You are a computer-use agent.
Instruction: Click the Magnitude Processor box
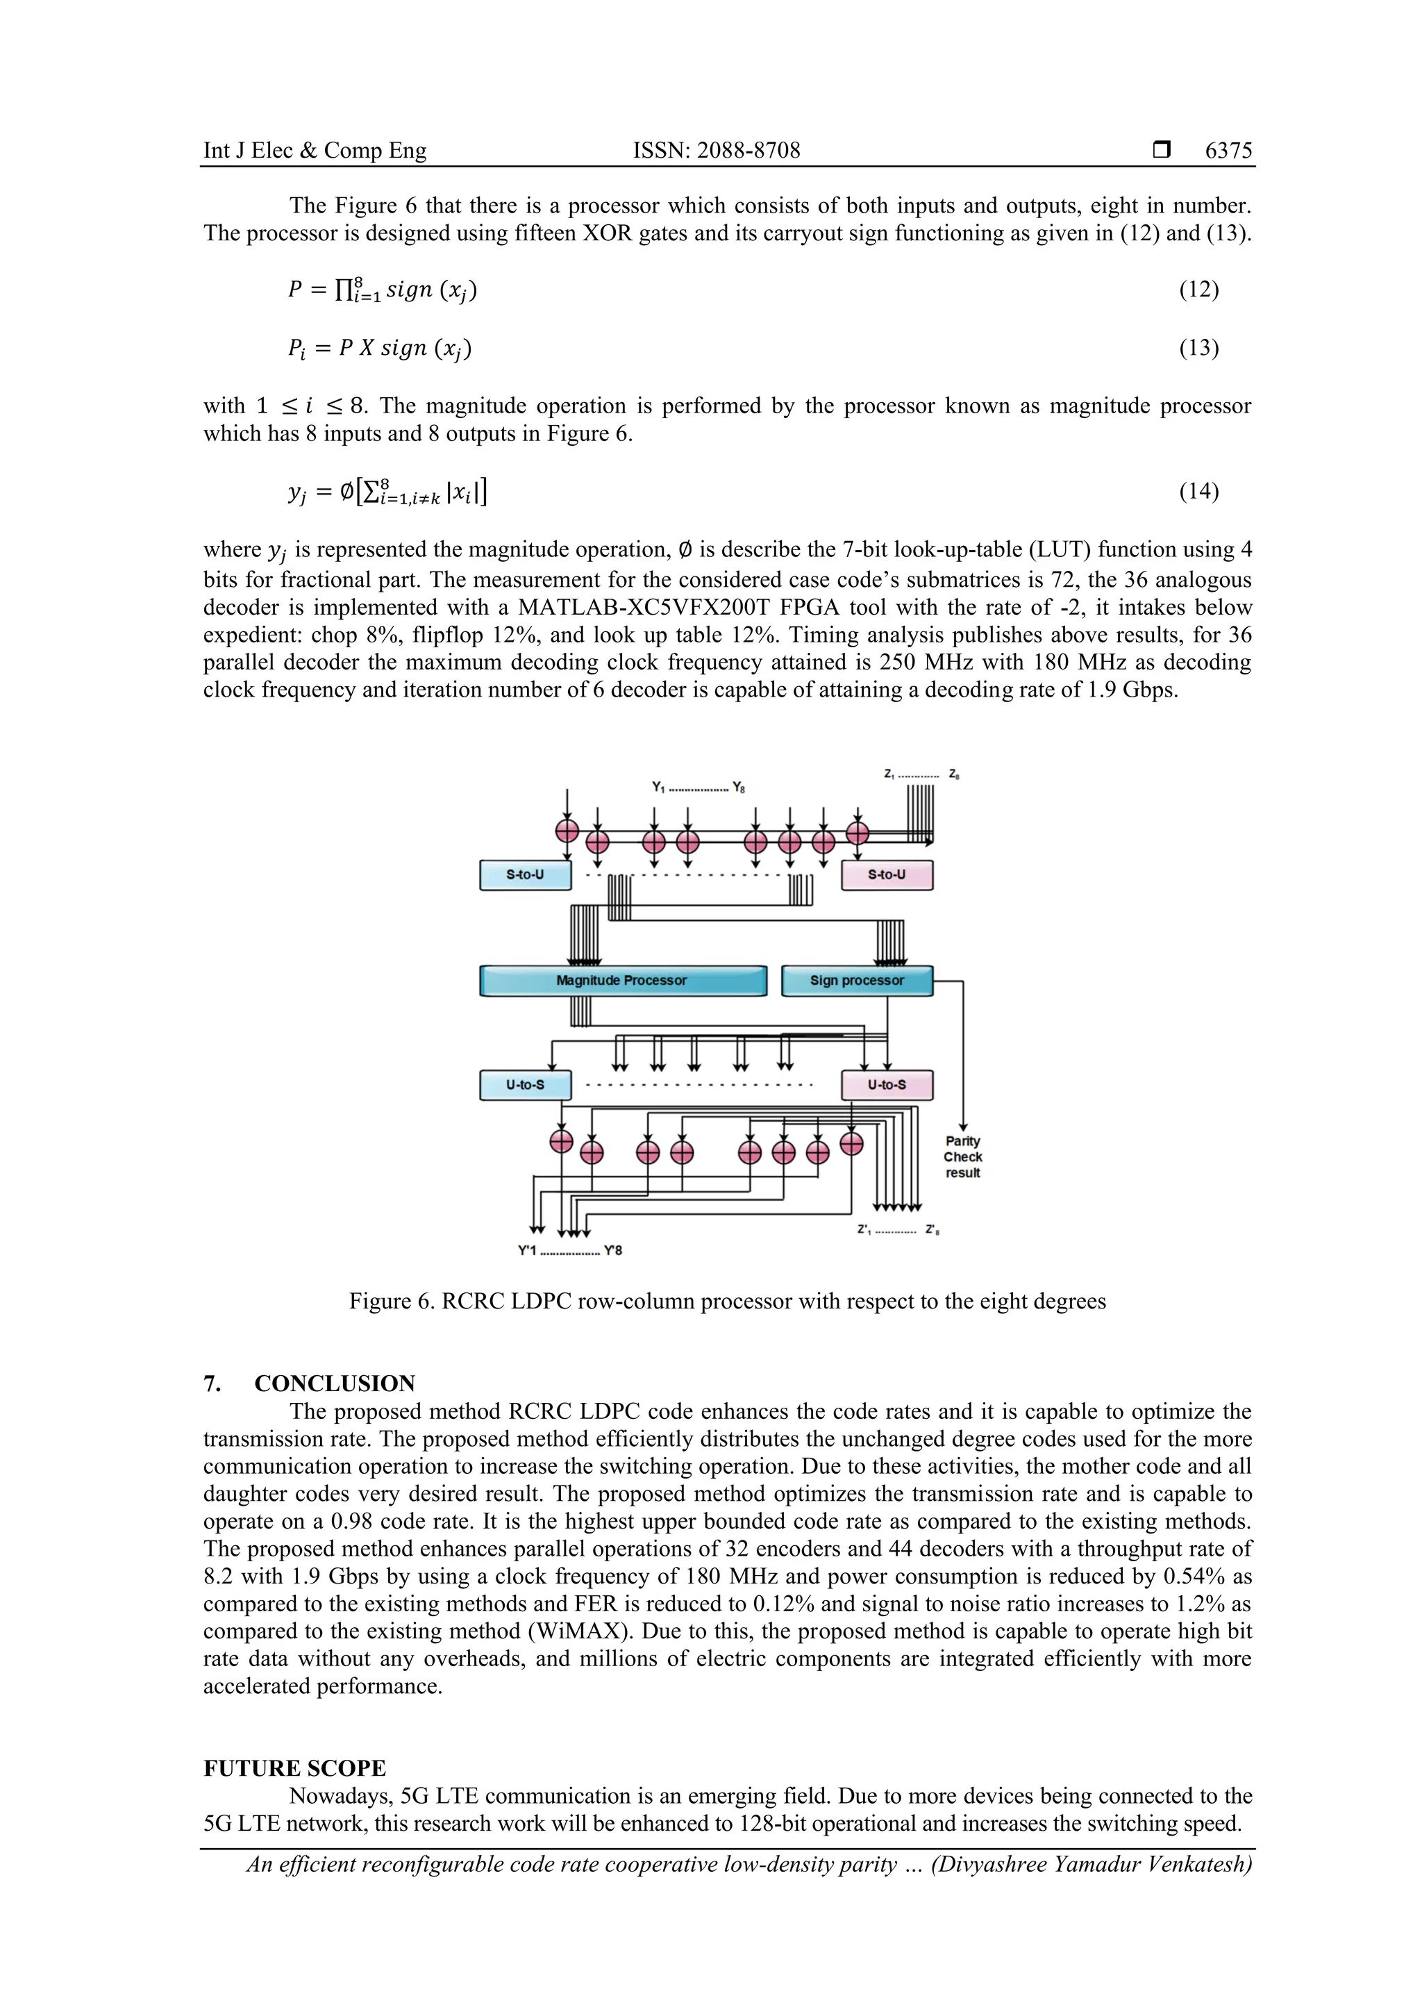(622, 981)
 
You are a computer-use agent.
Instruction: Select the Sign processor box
(856, 981)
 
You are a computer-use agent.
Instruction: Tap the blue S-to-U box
(525, 874)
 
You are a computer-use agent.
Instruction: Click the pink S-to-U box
(886, 874)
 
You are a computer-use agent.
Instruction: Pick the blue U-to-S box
(525, 1085)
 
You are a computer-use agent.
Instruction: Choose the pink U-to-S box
(886, 1085)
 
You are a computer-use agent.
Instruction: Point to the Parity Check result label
(962, 1157)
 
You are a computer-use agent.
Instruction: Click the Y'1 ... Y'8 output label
(569, 1251)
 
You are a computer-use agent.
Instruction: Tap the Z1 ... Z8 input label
(921, 774)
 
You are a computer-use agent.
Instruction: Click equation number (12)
(1198, 289)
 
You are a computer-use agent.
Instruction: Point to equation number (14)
(1198, 491)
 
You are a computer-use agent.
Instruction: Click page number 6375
(1228, 151)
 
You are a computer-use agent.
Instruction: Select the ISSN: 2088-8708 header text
(716, 151)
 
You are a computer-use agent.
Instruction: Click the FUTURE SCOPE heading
(294, 1768)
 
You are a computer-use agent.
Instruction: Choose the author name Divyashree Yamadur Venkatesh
(1091, 1864)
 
